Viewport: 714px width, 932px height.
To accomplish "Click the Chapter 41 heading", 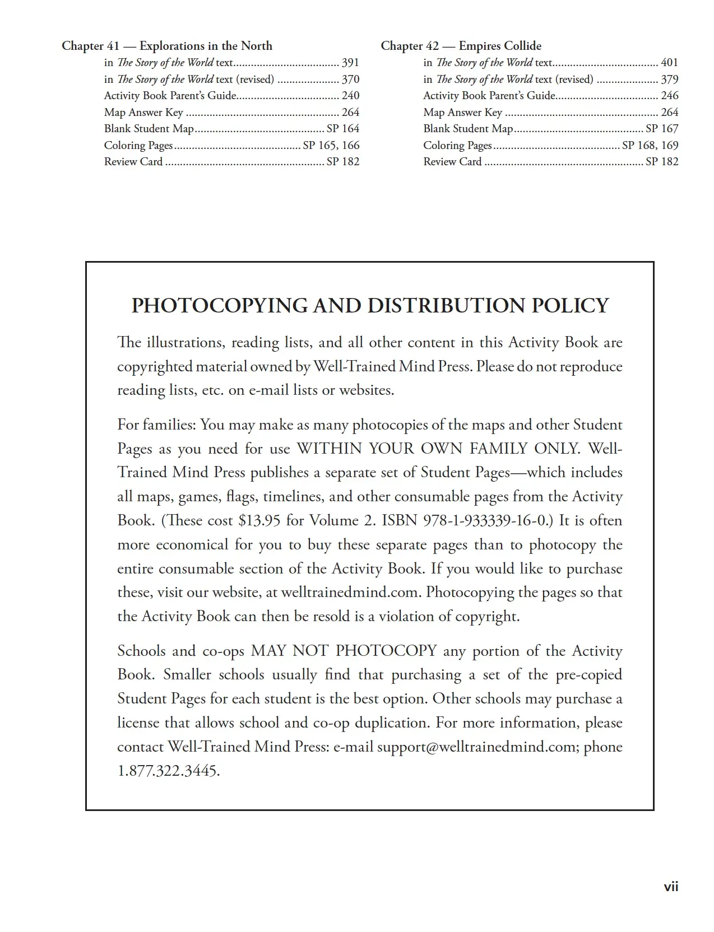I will click(x=167, y=46).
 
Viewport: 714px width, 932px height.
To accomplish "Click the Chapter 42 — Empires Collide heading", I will click(x=461, y=46).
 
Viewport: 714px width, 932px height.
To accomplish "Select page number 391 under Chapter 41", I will click(x=350, y=63).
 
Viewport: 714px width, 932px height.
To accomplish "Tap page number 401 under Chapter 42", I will click(x=669, y=63).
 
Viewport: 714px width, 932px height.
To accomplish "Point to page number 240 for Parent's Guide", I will click(x=350, y=96).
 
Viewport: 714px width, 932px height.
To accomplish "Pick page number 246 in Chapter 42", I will click(x=669, y=96).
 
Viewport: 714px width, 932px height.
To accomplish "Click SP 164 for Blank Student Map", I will click(x=342, y=129).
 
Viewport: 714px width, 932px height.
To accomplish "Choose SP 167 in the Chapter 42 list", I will click(x=662, y=129).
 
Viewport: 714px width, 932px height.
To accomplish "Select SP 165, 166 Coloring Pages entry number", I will click(x=331, y=146).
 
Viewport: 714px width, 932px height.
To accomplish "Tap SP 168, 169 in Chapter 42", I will click(x=650, y=146).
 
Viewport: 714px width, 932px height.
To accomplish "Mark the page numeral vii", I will click(x=671, y=887).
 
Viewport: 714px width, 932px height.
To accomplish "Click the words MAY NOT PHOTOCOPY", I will click(x=344, y=651).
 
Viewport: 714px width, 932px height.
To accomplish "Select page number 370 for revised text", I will click(x=350, y=80).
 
